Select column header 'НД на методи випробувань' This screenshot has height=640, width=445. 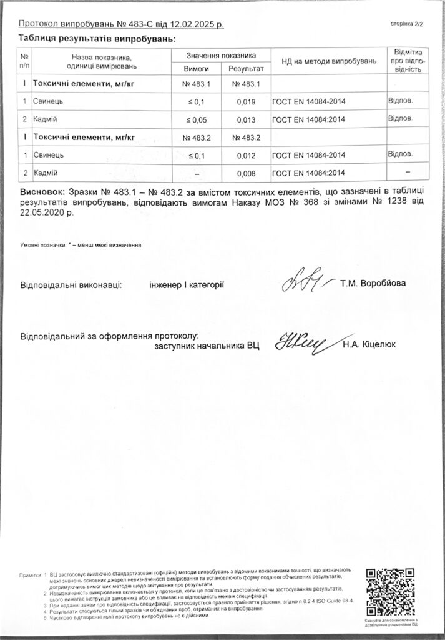329,61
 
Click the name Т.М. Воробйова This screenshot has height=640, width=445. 373,284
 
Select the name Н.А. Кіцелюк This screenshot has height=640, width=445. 369,344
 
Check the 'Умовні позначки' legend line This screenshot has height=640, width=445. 82,245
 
